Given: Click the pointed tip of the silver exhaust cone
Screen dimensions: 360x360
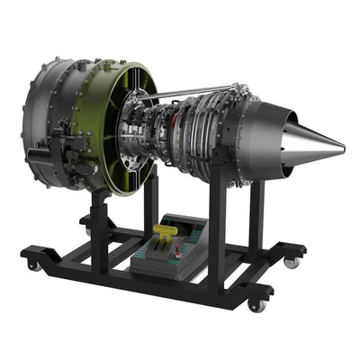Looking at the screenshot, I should [x=343, y=147].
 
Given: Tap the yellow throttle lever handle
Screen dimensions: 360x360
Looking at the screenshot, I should [x=166, y=232].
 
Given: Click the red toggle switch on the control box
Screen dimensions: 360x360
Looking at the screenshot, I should [x=187, y=235].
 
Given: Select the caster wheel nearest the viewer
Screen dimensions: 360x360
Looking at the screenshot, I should [x=257, y=305].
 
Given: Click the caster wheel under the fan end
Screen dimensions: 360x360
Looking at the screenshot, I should [x=33, y=265].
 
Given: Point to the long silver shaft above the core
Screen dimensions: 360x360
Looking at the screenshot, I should [x=193, y=92].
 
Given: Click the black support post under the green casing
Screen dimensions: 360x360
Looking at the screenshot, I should [x=99, y=229].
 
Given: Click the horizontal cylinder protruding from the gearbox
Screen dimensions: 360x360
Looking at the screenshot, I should [x=40, y=155].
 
